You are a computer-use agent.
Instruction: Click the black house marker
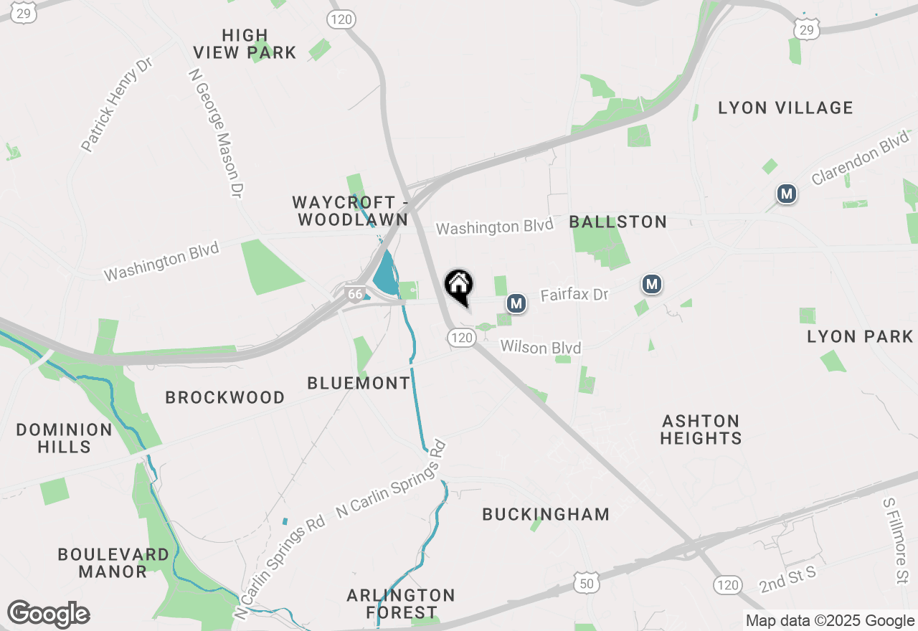[459, 285]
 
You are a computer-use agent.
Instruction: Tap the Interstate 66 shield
[354, 293]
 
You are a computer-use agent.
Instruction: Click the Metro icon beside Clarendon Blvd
[787, 194]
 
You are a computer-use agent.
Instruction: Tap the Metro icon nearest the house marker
[516, 304]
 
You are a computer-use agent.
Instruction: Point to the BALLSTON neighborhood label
[618, 222]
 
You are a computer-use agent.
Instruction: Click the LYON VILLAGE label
[785, 108]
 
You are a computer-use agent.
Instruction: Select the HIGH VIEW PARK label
[245, 44]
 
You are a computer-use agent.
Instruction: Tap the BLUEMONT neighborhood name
[359, 384]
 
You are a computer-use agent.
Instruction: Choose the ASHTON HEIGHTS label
[701, 430]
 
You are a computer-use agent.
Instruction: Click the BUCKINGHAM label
[546, 514]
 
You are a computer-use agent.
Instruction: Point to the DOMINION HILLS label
[65, 438]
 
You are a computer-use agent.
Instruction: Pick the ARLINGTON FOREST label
[401, 604]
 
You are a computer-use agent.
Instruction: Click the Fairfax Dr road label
[574, 295]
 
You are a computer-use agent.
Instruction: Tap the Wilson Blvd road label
[541, 347]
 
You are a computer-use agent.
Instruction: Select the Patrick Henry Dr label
[117, 105]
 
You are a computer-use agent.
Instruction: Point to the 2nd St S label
[788, 579]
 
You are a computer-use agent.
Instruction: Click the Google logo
[48, 614]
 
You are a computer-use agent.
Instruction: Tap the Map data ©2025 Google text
[829, 621]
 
